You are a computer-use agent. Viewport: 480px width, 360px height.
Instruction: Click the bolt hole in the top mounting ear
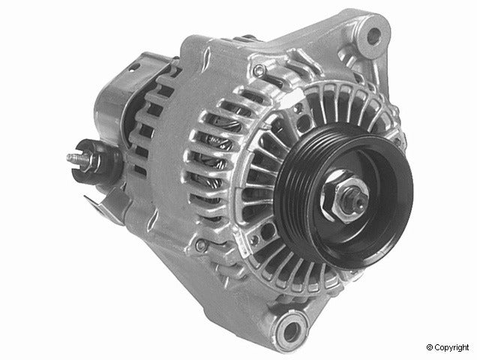click(373, 34)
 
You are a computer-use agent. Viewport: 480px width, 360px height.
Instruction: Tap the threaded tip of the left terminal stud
click(71, 158)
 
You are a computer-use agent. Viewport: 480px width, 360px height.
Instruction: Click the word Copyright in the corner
click(454, 348)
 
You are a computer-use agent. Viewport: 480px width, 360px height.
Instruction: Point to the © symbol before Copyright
click(430, 348)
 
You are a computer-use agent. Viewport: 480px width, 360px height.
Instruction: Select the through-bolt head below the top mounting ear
click(259, 71)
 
